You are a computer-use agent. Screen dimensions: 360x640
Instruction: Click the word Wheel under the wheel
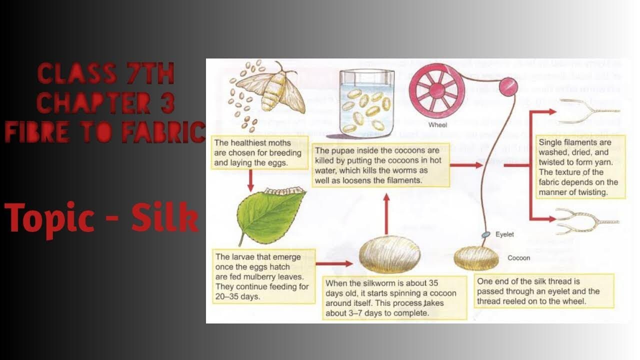point(437,125)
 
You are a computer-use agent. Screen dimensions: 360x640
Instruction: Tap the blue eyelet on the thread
point(484,234)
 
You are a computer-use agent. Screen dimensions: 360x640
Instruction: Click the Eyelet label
point(504,234)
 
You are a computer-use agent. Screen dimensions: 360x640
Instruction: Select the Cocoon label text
point(518,258)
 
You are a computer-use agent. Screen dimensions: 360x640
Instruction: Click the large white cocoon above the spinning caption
point(390,255)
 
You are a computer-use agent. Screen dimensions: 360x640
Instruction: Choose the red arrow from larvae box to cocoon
point(335,263)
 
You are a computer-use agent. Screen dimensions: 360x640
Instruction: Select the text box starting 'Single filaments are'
point(580,167)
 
